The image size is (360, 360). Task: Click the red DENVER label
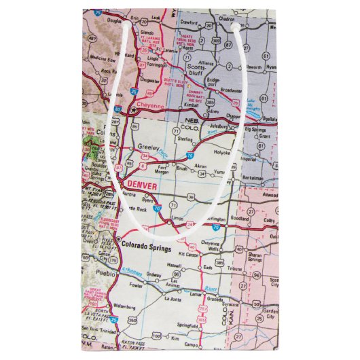tap(141, 185)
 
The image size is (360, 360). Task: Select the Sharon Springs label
tap(254, 258)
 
